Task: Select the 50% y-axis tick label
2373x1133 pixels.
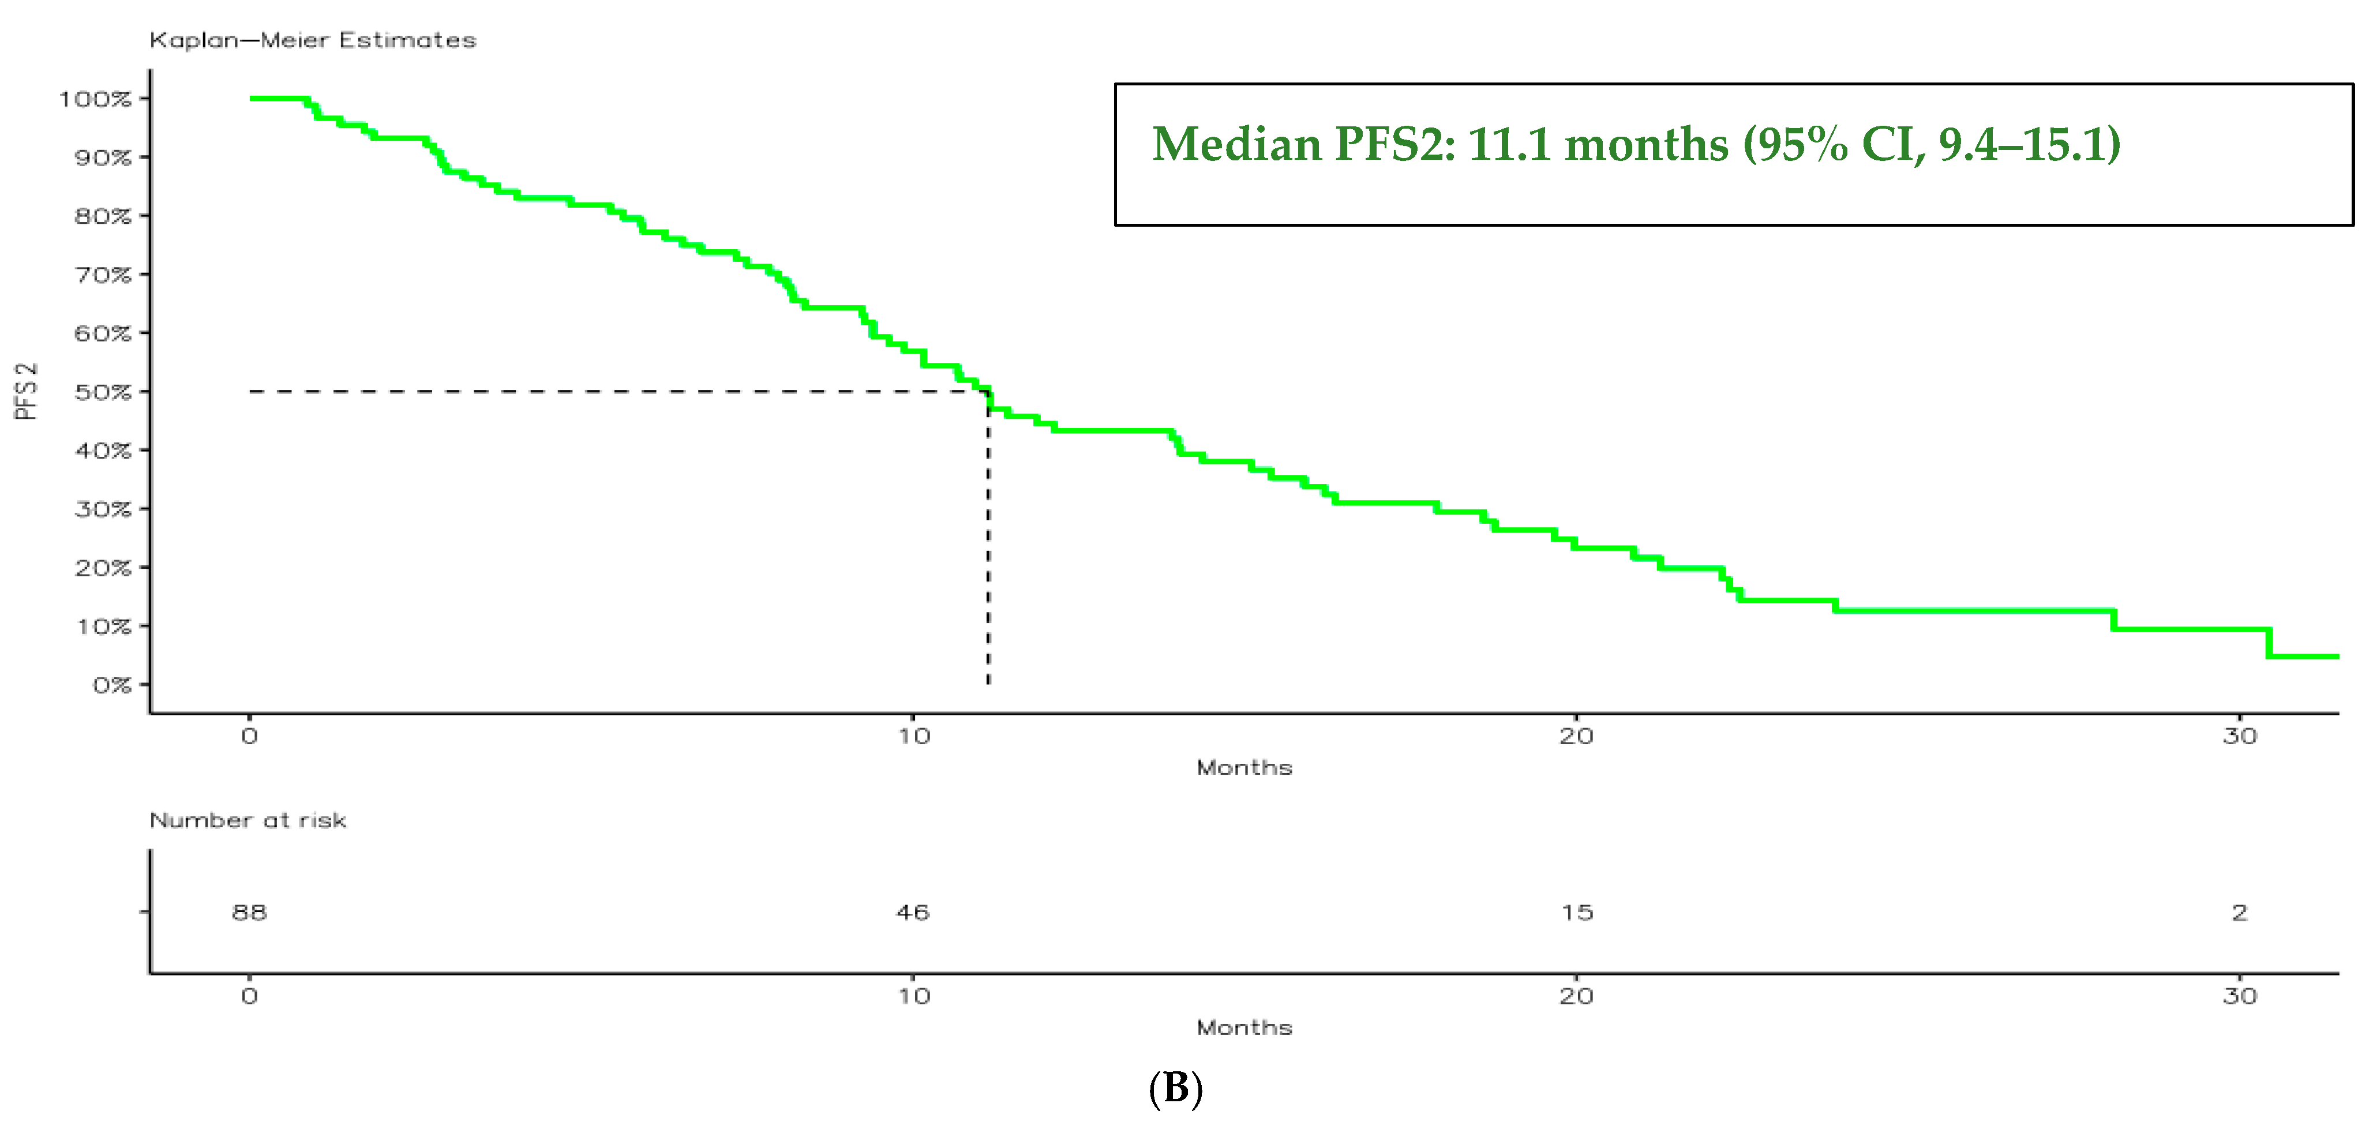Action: (x=103, y=392)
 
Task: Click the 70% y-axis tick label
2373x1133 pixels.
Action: (x=103, y=275)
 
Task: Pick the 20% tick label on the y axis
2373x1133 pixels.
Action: (x=103, y=568)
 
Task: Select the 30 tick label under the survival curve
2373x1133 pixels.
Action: (x=2239, y=736)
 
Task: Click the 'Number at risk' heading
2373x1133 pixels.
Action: (x=248, y=820)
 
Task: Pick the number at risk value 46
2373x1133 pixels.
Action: (x=913, y=912)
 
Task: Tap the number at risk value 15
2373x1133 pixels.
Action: (x=1577, y=912)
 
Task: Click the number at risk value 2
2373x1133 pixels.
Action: (x=2239, y=912)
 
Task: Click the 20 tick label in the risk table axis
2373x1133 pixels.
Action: (x=1576, y=996)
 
